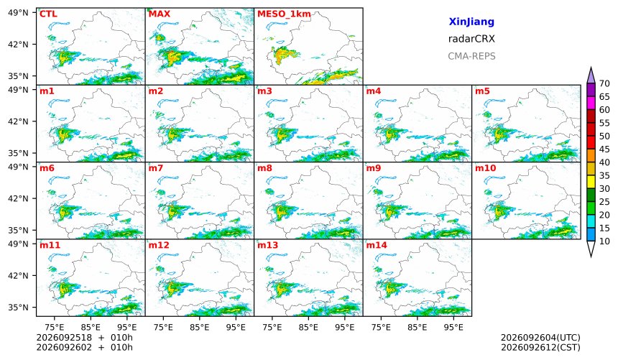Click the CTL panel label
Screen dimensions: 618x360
48,14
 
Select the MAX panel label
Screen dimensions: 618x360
160,14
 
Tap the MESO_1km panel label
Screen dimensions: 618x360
284,14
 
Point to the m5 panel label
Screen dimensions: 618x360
482,91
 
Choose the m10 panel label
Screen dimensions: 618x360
485,168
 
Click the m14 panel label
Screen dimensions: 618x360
377,245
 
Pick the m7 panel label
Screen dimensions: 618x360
156,168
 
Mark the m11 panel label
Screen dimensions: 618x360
50,245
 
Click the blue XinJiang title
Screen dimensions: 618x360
471,22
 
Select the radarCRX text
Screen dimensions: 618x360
471,39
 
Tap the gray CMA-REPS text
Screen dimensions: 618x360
471,56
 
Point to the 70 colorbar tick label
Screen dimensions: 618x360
604,83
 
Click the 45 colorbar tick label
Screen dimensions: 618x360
604,149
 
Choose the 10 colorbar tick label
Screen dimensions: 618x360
604,241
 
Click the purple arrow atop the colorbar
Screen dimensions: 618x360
591,75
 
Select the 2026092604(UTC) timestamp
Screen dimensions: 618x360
540,338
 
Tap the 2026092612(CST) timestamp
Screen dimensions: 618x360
540,347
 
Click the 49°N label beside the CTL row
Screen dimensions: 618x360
18,13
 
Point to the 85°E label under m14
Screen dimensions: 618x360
417,327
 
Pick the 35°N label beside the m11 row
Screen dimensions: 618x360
18,307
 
